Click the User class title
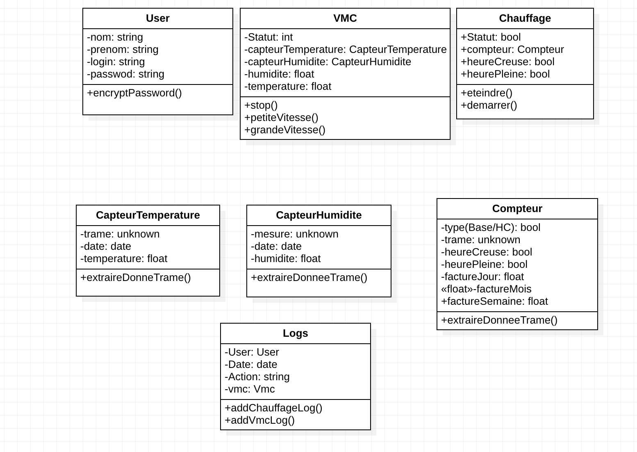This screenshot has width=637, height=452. pyautogui.click(x=157, y=18)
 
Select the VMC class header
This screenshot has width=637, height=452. pyautogui.click(x=345, y=18)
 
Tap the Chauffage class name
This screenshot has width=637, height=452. pyautogui.click(x=525, y=18)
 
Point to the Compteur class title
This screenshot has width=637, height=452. pyautogui.click(x=517, y=209)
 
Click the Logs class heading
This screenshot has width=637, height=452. pyautogui.click(x=295, y=333)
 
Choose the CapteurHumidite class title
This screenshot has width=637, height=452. pyautogui.click(x=318, y=215)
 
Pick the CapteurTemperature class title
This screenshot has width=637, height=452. pyautogui.click(x=148, y=215)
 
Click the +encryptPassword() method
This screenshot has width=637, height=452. pyautogui.click(x=134, y=93)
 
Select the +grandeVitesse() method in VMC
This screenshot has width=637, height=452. pyautogui.click(x=285, y=130)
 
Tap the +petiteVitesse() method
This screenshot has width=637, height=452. pyautogui.click(x=281, y=118)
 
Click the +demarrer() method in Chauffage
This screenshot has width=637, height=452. pyautogui.click(x=489, y=105)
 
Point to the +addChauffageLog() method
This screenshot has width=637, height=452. pyautogui.click(x=273, y=408)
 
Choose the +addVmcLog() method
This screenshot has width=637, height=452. pyautogui.click(x=259, y=420)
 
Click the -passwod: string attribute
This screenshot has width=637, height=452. pyautogui.click(x=125, y=74)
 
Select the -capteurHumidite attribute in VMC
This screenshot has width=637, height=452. pyautogui.click(x=328, y=62)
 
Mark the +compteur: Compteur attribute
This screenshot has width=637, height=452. pyautogui.click(x=512, y=50)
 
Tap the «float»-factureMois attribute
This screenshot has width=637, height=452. pyautogui.click(x=486, y=289)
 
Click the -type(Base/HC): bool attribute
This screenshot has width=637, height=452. pyautogui.click(x=491, y=228)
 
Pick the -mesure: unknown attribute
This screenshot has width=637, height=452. pyautogui.click(x=294, y=234)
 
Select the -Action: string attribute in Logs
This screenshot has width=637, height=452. pyautogui.click(x=257, y=377)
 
